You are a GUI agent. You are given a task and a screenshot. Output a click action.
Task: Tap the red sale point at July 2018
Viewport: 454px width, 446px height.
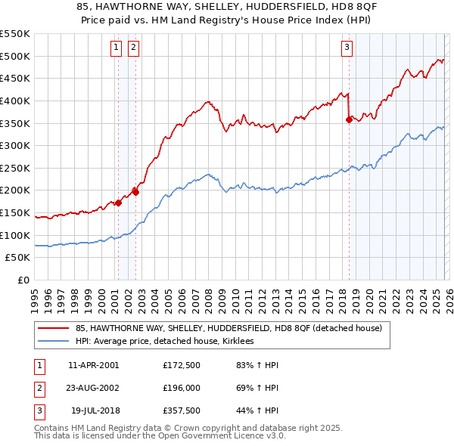(x=349, y=119)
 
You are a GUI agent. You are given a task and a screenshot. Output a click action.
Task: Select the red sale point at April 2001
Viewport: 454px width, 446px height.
(x=119, y=203)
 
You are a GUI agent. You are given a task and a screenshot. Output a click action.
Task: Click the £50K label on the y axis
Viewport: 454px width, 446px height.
(x=18, y=258)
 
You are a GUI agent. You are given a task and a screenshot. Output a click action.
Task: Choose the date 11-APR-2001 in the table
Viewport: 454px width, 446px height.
(x=93, y=365)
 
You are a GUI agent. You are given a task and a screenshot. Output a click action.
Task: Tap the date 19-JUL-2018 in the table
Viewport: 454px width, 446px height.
(x=93, y=410)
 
